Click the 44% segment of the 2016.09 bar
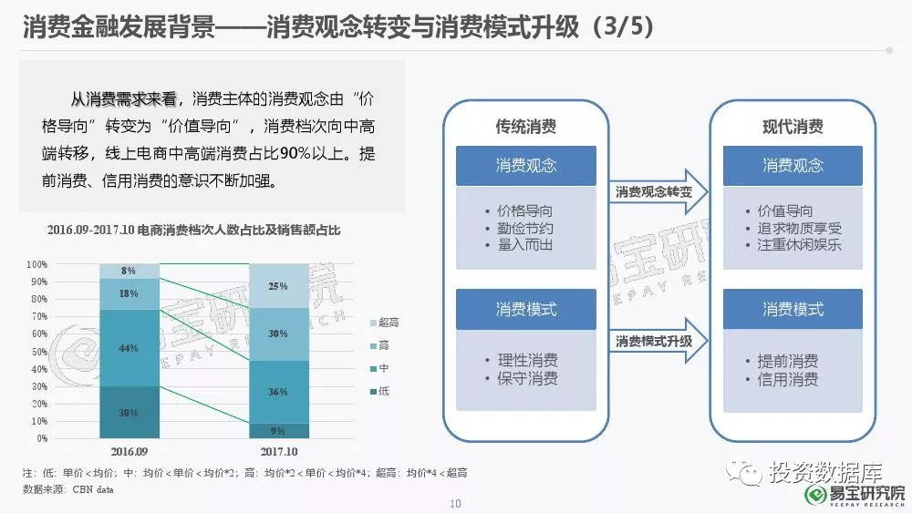(x=130, y=348)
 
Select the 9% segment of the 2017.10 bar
(x=279, y=430)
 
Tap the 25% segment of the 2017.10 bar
(x=279, y=286)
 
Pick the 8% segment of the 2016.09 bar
(x=130, y=272)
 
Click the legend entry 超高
(x=385, y=323)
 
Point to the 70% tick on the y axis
(x=39, y=316)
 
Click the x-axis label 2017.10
(x=279, y=451)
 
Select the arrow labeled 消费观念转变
(x=658, y=191)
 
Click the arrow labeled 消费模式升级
(x=658, y=341)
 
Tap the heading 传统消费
(x=526, y=127)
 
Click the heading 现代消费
(x=793, y=127)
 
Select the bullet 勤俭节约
(x=524, y=229)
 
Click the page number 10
(x=455, y=504)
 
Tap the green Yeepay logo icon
(x=816, y=495)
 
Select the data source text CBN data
(x=93, y=489)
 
